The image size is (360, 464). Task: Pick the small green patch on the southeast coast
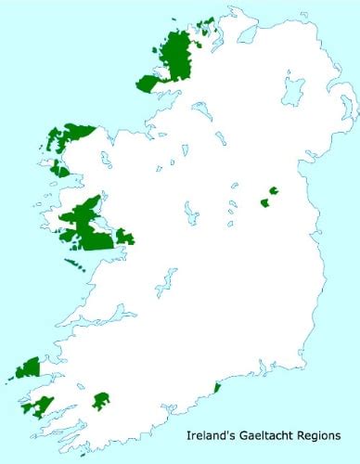click(x=216, y=386)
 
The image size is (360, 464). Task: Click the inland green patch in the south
click(x=101, y=401)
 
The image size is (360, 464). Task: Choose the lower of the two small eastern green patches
click(x=264, y=201)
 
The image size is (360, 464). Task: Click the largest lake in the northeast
click(x=293, y=91)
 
